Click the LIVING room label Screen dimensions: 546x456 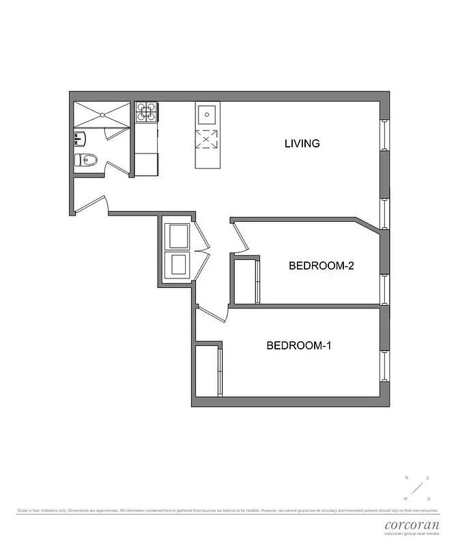pyautogui.click(x=302, y=143)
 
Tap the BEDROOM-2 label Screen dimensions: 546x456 pyautogui.click(x=321, y=266)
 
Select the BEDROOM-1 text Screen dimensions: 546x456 pyautogui.click(x=298, y=345)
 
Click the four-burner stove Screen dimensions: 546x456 pyautogui.click(x=146, y=111)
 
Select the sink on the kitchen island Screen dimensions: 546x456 pyautogui.click(x=207, y=113)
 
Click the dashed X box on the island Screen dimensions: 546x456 pyautogui.click(x=207, y=139)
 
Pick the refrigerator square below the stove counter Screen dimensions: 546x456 pyautogui.click(x=146, y=164)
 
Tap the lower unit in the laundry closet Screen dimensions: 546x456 pyautogui.click(x=178, y=264)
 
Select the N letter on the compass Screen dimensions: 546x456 pyautogui.click(x=407, y=478)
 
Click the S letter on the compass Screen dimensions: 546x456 pyautogui.click(x=428, y=498)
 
